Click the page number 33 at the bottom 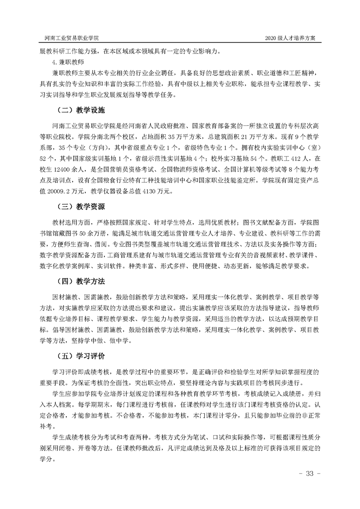pyautogui.click(x=311, y=474)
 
